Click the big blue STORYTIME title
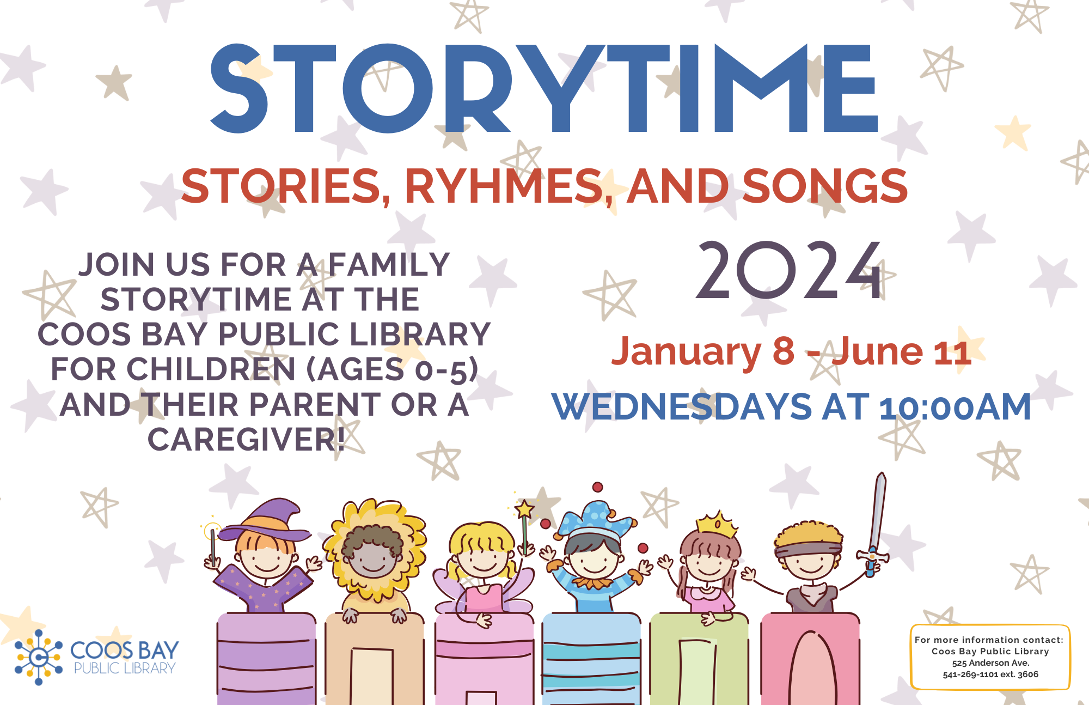tap(544, 89)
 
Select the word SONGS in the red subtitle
tap(825, 186)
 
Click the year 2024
tap(789, 271)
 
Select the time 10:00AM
tap(956, 407)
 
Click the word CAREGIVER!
tap(246, 439)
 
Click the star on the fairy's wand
tap(524, 509)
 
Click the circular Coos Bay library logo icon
tap(38, 657)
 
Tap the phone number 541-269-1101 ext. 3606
tap(990, 674)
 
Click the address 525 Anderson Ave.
tap(990, 663)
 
